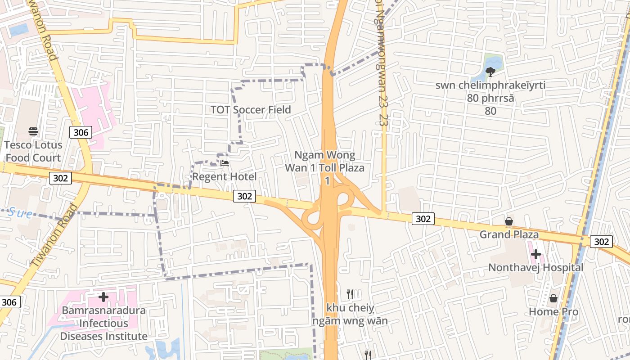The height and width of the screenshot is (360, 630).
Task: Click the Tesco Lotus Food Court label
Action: tap(32, 151)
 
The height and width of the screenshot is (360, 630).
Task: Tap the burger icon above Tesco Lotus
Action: tap(33, 131)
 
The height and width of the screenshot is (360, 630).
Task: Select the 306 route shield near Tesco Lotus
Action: tap(81, 132)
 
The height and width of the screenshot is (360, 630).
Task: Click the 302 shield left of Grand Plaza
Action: tap(423, 219)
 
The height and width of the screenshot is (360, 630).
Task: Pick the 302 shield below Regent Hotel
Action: tap(244, 196)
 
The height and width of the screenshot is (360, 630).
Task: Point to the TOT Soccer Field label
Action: tap(251, 110)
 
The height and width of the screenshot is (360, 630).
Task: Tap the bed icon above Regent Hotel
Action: tap(225, 163)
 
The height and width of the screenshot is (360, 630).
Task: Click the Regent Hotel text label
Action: tap(225, 176)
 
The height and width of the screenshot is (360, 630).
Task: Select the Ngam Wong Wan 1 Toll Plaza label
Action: tap(325, 167)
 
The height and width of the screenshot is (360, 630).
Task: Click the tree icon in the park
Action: tap(490, 71)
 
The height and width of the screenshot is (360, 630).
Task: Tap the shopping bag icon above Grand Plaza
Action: tap(509, 221)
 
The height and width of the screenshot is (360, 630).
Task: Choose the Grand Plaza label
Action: tap(509, 234)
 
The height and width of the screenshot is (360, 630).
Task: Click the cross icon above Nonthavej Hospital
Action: tap(535, 254)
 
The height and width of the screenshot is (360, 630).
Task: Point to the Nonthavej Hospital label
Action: tap(535, 268)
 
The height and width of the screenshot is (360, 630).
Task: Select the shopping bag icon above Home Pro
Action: tap(553, 298)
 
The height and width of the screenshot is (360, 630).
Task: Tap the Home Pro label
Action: tap(553, 311)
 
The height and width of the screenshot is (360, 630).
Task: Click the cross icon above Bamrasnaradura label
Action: tap(103, 297)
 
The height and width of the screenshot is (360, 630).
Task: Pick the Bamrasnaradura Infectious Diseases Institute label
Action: tap(103, 323)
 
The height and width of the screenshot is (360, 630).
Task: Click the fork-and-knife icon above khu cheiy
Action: tap(350, 294)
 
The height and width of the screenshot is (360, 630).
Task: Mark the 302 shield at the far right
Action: tap(602, 242)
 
